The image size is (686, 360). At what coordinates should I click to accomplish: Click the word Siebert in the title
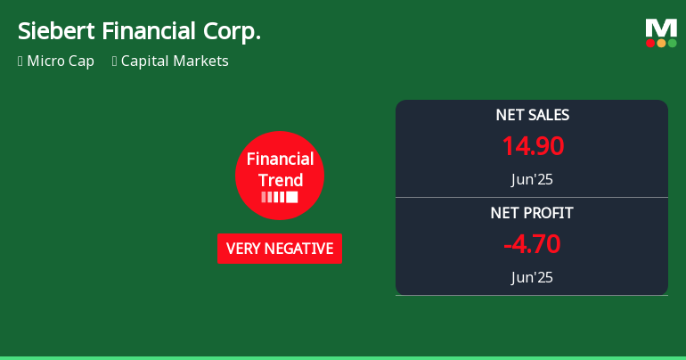pos(55,31)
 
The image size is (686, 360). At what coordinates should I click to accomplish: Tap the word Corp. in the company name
pos(233,31)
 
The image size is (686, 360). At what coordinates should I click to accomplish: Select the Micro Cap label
pos(61,61)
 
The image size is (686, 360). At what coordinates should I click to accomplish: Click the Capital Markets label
pos(175,61)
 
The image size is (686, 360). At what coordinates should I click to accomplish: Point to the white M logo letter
pos(661,28)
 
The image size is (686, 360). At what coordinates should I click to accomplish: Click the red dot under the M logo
pos(651,43)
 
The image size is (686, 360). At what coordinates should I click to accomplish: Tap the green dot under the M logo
pos(672,43)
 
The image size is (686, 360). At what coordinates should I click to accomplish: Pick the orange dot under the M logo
pos(661,43)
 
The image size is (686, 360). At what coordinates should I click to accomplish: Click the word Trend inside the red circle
pos(280,180)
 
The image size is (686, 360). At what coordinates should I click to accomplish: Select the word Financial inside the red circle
pos(280,160)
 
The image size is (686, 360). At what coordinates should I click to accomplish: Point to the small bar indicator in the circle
pos(280,197)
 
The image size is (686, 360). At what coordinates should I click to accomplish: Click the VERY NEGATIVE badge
pos(280,249)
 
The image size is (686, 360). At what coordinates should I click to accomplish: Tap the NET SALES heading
pos(532,115)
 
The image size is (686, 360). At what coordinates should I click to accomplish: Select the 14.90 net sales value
pos(532,146)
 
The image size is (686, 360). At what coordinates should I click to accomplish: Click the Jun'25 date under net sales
pos(532,179)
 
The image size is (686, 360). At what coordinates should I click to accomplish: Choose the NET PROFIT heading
pos(532,213)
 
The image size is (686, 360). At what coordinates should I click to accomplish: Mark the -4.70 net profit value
pos(532,244)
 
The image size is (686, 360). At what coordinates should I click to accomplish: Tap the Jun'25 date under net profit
pos(532,277)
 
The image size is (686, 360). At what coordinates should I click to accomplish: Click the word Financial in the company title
pos(147,31)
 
